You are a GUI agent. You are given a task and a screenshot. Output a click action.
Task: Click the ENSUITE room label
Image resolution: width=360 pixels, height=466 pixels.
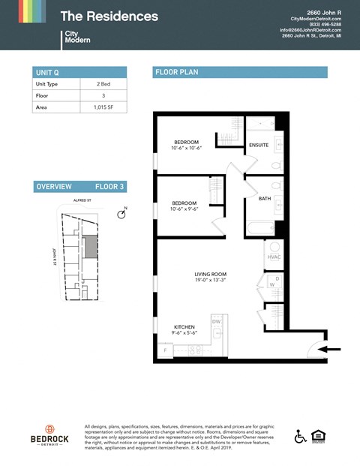click(x=259, y=145)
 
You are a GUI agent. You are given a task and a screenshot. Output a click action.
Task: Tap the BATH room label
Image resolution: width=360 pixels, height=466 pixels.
click(x=264, y=199)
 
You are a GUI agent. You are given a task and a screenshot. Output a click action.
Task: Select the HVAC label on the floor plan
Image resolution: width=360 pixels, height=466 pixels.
click(x=274, y=257)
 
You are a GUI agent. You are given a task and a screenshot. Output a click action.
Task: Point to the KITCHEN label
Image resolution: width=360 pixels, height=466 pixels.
click(x=185, y=327)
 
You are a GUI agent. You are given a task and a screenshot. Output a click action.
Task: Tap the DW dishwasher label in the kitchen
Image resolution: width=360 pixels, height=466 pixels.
click(x=216, y=321)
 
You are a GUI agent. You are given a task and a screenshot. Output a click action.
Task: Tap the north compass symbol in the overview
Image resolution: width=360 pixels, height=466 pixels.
click(x=121, y=215)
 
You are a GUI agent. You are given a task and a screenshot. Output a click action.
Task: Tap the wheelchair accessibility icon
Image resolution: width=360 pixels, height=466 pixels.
click(x=300, y=435)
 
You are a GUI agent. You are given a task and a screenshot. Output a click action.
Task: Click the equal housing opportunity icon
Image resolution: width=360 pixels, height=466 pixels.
click(x=319, y=435)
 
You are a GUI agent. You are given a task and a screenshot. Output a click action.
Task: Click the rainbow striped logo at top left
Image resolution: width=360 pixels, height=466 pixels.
click(x=22, y=12)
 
